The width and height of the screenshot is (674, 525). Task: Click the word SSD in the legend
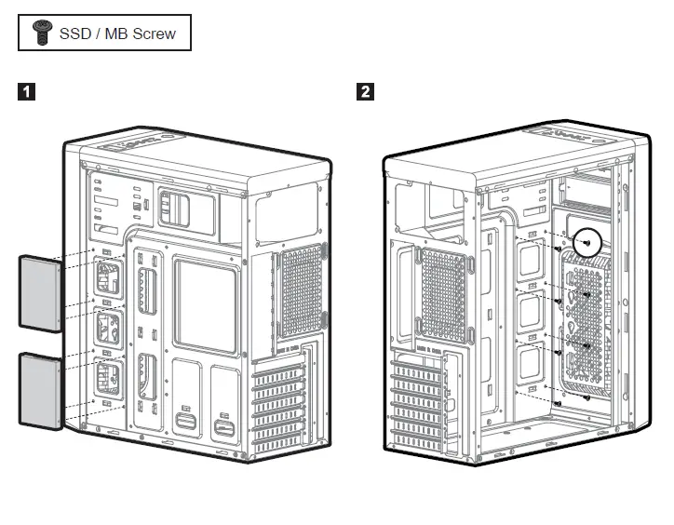[75, 34]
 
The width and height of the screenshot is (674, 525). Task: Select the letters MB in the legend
[115, 34]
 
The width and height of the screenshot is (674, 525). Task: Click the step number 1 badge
[29, 91]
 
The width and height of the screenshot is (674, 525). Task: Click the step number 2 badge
[366, 91]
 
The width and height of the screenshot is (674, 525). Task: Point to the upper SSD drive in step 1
[40, 290]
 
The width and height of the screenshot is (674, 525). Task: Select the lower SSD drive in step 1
[40, 390]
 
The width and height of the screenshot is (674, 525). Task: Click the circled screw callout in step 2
[586, 241]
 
